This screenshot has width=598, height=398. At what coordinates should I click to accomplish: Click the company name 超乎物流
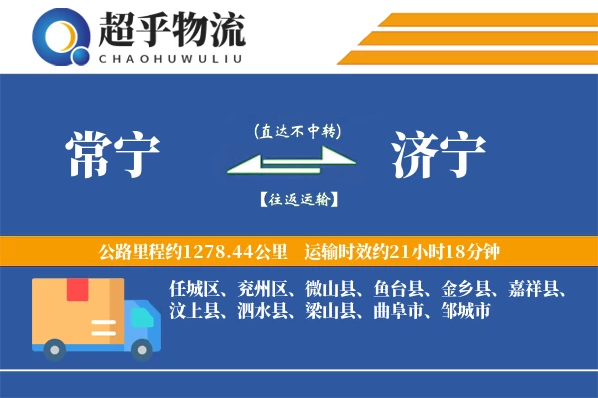pos(171,30)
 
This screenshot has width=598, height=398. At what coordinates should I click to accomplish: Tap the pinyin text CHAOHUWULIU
pos(171,57)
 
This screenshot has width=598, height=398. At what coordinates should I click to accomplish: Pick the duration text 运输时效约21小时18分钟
pos(414,251)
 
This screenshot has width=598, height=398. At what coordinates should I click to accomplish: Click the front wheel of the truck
pos(144,348)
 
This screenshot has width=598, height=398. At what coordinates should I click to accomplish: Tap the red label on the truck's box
pos(77,290)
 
